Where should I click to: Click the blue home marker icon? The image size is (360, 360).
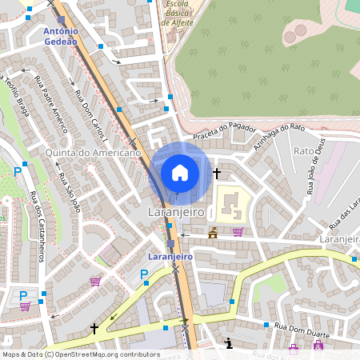(180, 172)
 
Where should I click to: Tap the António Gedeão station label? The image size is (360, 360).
(62, 34)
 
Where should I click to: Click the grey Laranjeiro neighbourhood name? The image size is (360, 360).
(177, 213)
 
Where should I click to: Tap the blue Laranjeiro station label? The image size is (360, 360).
(170, 257)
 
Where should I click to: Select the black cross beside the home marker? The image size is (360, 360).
(216, 173)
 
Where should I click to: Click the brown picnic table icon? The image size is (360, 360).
(213, 233)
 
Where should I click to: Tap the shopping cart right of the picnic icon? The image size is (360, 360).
(238, 232)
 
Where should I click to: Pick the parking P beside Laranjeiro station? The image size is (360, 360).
(144, 274)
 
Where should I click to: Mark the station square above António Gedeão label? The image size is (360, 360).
(62, 19)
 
